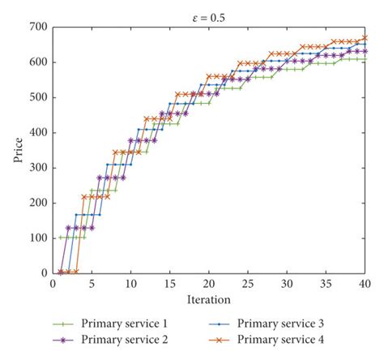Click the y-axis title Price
(18, 150)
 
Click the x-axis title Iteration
(209, 299)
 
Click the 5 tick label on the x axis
(92, 284)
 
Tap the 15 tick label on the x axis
(170, 284)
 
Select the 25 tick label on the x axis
(248, 284)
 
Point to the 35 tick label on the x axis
(326, 284)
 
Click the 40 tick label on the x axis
(365, 284)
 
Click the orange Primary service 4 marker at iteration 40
(365, 38)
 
